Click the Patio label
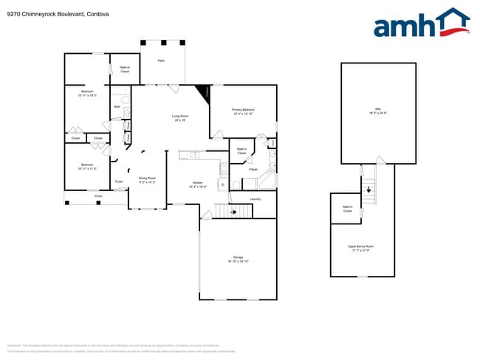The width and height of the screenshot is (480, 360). click(161, 60)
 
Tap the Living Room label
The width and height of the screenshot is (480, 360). click(180, 116)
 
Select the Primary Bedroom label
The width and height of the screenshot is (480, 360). click(243, 110)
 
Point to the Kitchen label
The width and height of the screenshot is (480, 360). click(197, 182)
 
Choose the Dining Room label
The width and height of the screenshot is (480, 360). click(147, 178)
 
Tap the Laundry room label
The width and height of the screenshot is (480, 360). click(256, 198)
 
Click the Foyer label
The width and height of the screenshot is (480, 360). click(118, 181)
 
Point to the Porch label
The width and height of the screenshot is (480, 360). click(97, 195)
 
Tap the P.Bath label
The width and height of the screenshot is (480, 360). click(253, 170)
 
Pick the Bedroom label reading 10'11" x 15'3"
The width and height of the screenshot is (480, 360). click(87, 93)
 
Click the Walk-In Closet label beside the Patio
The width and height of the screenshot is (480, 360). click(125, 69)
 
